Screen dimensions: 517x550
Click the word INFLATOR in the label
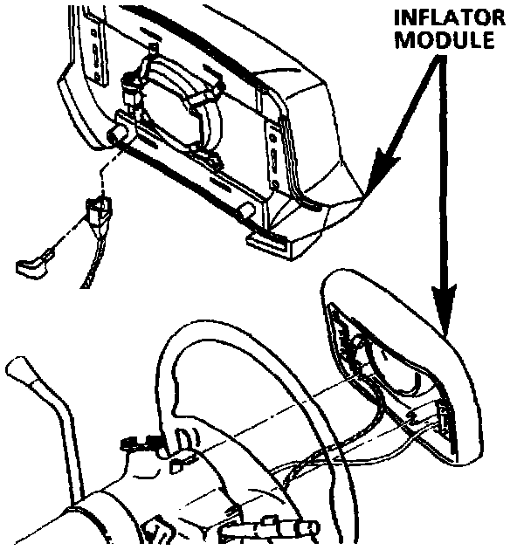point(450,17)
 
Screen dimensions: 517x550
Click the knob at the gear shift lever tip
point(20,369)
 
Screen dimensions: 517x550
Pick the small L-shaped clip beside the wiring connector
point(33,263)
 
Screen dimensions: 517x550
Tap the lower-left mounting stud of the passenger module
point(117,135)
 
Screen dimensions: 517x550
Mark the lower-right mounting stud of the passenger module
point(247,210)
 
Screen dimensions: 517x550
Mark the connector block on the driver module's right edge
point(444,419)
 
